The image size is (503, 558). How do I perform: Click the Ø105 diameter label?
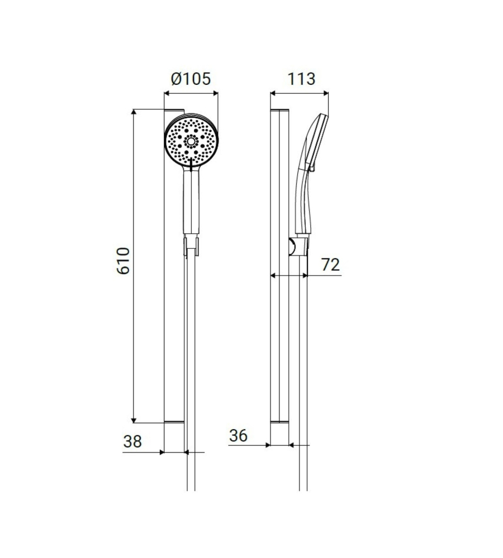(191, 79)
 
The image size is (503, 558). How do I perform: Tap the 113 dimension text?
(301, 79)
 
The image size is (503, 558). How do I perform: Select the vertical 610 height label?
(124, 261)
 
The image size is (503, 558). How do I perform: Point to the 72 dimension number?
(330, 264)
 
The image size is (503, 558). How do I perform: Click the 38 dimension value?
(132, 441)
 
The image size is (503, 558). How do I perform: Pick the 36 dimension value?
(238, 435)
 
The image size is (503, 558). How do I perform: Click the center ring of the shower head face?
(191, 141)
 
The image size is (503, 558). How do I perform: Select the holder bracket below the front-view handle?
(192, 244)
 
